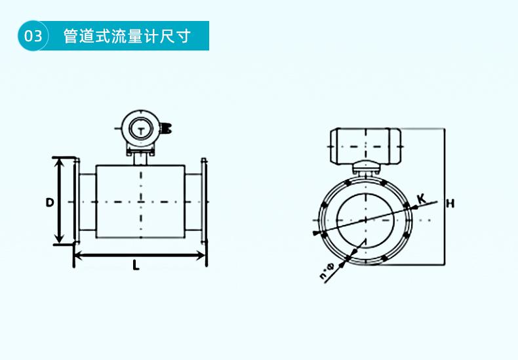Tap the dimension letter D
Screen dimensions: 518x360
49,203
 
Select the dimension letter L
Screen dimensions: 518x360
136,266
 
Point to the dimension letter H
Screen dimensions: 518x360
450,203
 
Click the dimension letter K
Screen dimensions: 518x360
421,197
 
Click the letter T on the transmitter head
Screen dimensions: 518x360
140,130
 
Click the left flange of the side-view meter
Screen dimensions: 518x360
77,202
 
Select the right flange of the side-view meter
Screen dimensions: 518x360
204,202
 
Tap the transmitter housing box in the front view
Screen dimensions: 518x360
365,145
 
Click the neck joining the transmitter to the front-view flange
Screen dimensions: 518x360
365,169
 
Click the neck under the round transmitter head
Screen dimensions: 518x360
140,158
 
